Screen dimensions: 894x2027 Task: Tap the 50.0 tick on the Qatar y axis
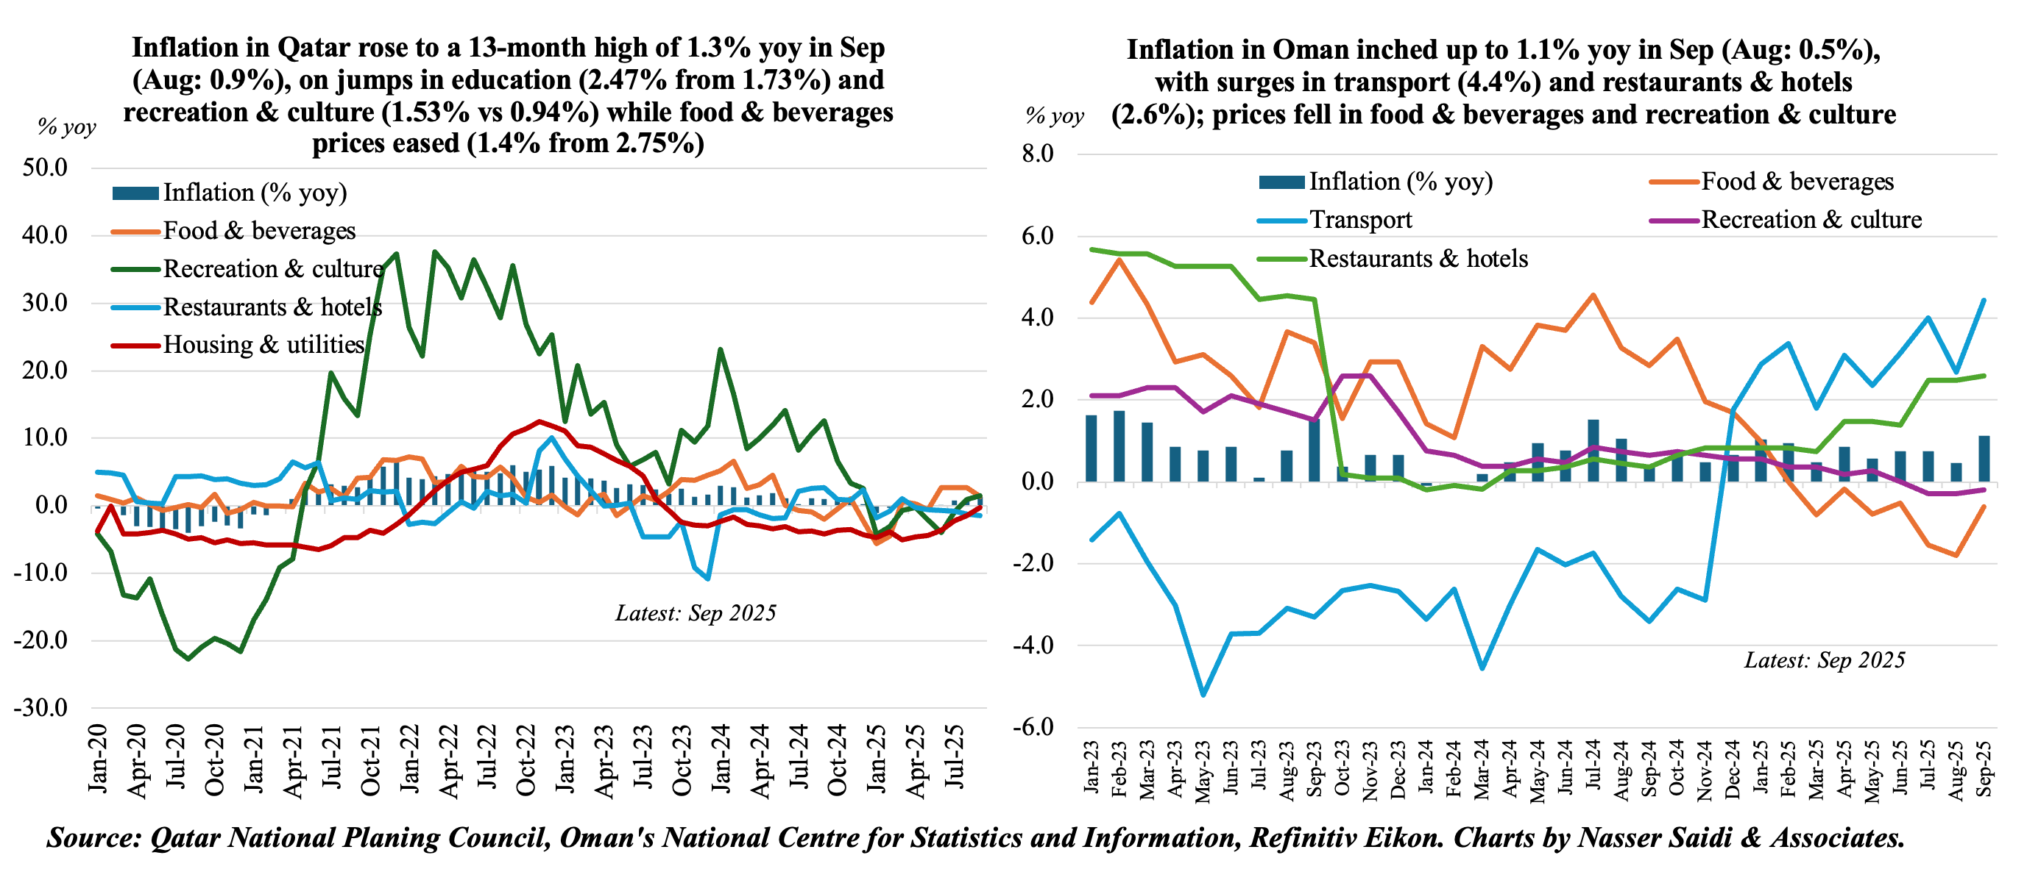pyautogui.click(x=46, y=168)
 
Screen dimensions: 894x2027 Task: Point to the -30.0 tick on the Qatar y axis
pyautogui.click(x=41, y=708)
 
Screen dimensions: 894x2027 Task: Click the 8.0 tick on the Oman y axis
pyautogui.click(x=1037, y=154)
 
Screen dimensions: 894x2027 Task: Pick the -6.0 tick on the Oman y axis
pyautogui.click(x=1033, y=726)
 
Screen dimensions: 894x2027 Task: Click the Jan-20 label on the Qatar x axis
pyautogui.click(x=98, y=759)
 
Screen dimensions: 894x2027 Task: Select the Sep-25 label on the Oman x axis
pyautogui.click(x=1984, y=768)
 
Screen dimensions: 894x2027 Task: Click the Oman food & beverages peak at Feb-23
pyautogui.click(x=1119, y=260)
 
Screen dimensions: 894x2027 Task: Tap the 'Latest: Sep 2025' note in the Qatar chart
pyautogui.click(x=696, y=613)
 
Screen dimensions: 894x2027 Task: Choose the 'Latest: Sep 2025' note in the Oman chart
pyautogui.click(x=1825, y=660)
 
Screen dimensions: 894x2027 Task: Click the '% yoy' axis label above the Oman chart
pyautogui.click(x=1055, y=116)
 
